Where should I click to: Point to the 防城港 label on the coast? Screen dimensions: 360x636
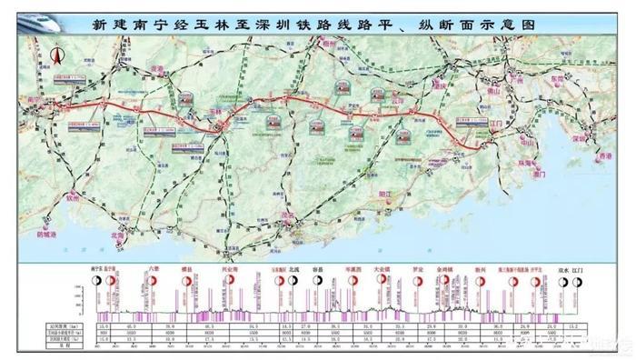click(47, 233)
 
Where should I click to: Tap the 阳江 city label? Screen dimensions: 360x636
click(384, 194)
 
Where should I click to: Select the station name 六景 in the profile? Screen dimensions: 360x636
click(154, 269)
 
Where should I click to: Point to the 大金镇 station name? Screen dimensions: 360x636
click(382, 270)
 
